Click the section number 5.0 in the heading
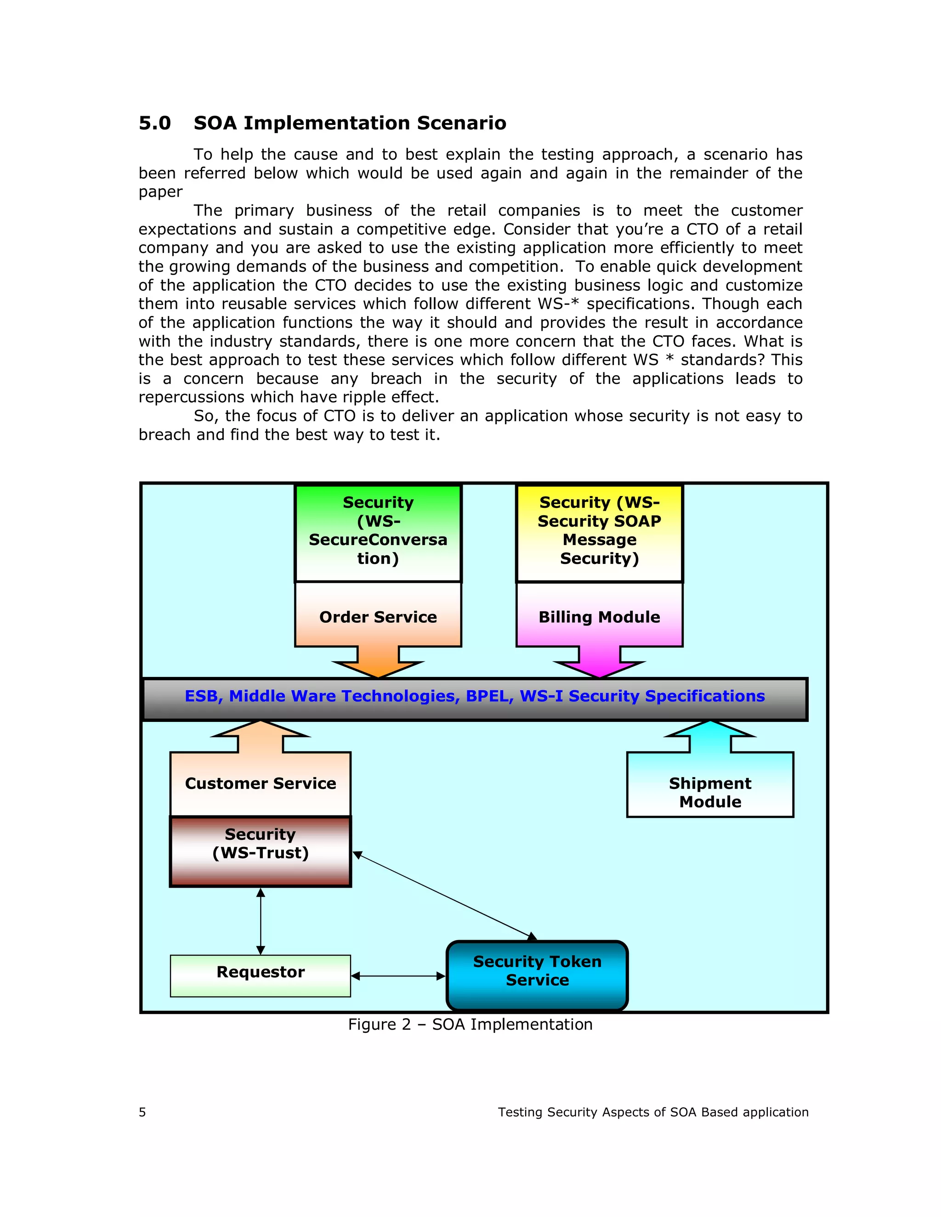154,123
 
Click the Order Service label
378,617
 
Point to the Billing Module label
599,617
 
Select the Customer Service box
261,783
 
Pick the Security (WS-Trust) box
261,851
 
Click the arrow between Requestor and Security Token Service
398,976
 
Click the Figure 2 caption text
470,1024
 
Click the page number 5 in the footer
142,1112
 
